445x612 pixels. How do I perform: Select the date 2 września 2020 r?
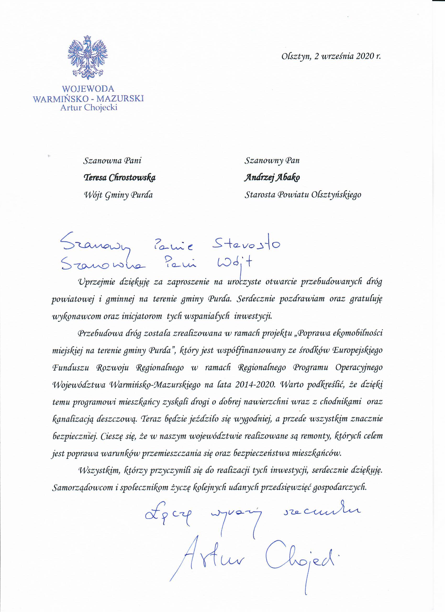(348, 57)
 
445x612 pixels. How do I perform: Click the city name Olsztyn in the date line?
(296, 57)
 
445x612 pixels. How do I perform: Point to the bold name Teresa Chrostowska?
(120, 177)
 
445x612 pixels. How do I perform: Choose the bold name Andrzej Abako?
(272, 177)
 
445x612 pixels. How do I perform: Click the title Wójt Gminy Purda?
(119, 194)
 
